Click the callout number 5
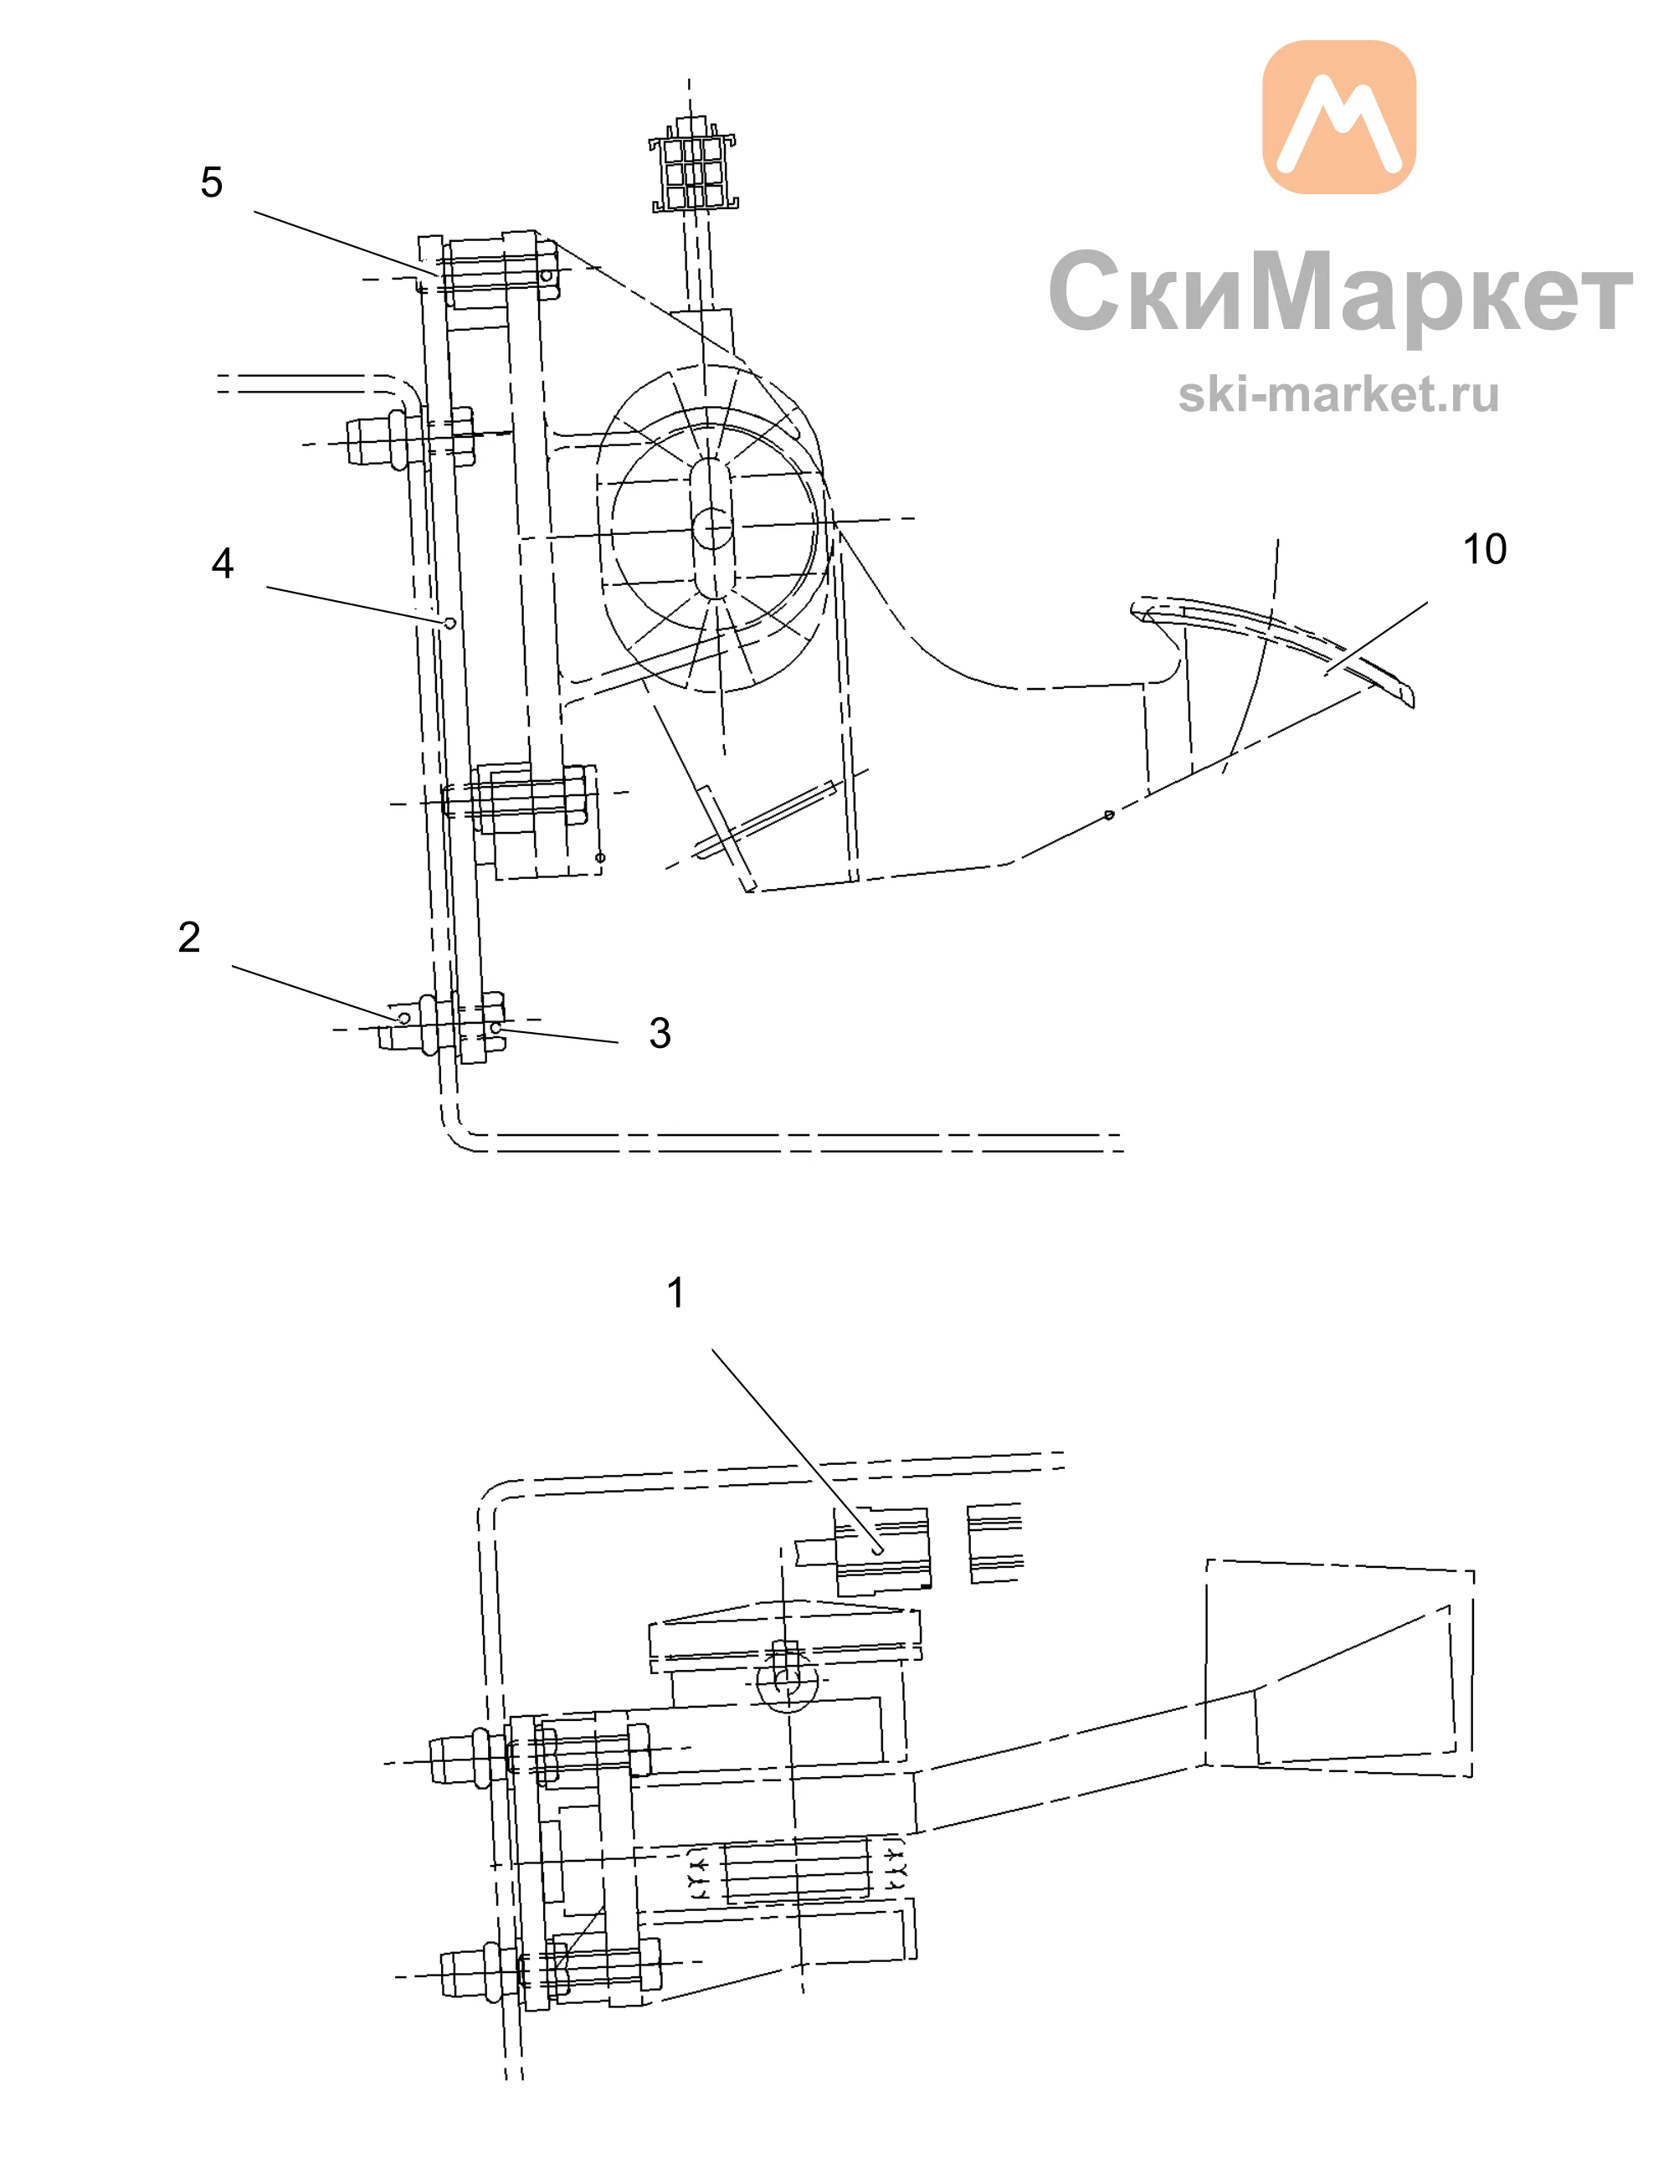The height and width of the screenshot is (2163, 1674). click(211, 182)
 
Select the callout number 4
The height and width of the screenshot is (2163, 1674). click(223, 563)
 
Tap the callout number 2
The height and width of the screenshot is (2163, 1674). click(189, 937)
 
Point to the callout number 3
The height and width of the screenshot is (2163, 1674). click(660, 1033)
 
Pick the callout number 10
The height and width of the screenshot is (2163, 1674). click(1485, 548)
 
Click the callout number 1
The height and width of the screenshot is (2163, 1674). click(675, 1292)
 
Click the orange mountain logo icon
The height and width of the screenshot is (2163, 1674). click(1339, 117)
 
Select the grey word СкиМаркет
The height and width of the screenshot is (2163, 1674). click(1340, 291)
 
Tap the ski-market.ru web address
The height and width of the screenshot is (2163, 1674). click(1338, 394)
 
